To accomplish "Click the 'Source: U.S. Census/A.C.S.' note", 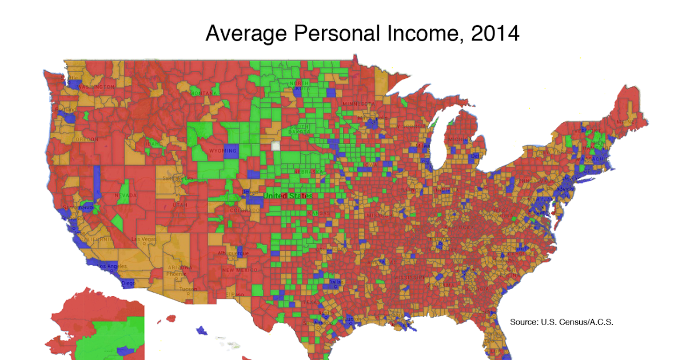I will click(x=561, y=322).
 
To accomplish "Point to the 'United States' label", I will click(x=288, y=196).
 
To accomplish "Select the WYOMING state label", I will click(x=223, y=151).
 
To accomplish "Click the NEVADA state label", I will click(x=126, y=195).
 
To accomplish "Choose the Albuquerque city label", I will click(x=230, y=253).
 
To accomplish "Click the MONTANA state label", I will click(x=204, y=93).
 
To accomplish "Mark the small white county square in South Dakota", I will click(x=277, y=146).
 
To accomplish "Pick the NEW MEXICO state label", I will click(x=236, y=270).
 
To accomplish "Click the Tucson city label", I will click(x=188, y=289).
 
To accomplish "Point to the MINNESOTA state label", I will click(x=358, y=103).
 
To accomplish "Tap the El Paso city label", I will click(x=234, y=294).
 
